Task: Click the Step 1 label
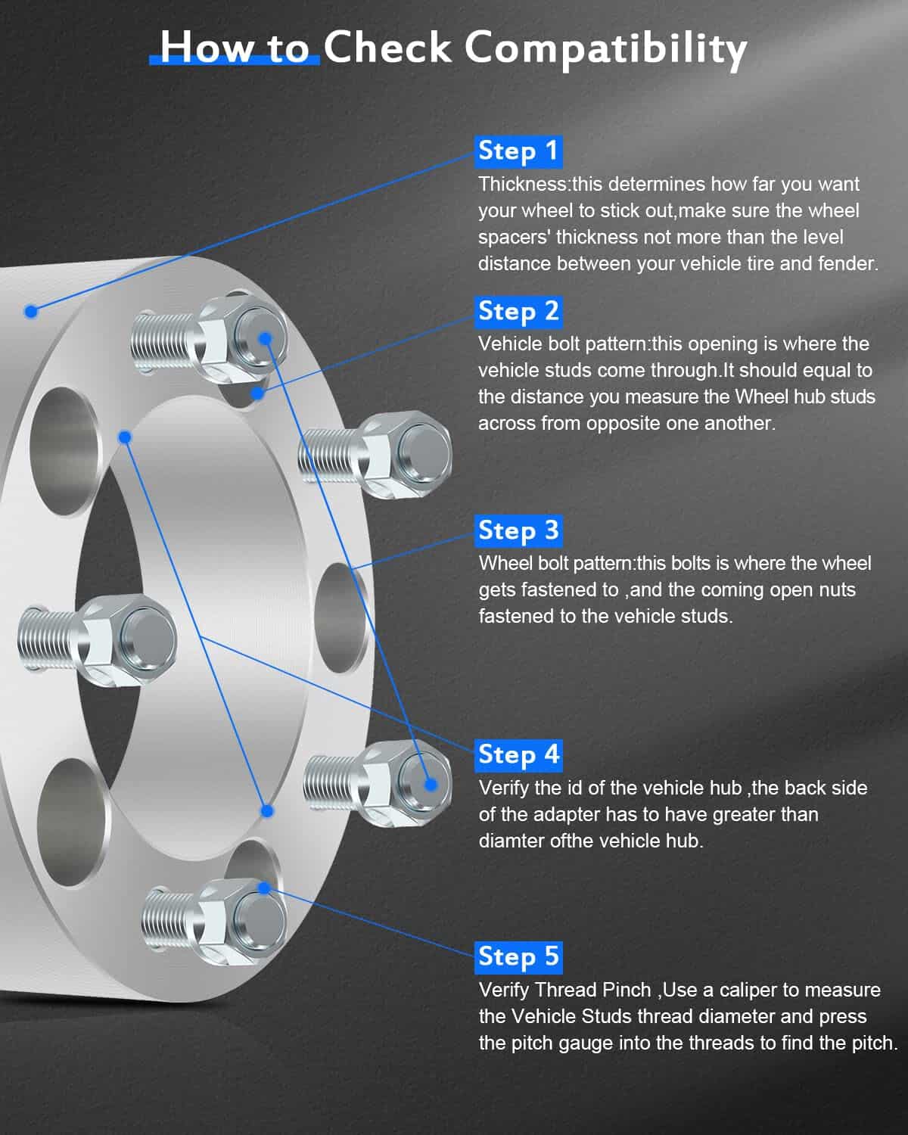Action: [x=518, y=152]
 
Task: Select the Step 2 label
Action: [x=518, y=313]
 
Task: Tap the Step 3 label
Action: [x=518, y=531]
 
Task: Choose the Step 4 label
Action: [x=518, y=755]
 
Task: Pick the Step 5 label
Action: [x=518, y=957]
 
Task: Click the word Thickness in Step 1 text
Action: [x=522, y=184]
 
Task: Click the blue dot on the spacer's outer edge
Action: [x=31, y=311]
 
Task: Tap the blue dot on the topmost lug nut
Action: [x=266, y=338]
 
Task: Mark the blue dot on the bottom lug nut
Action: [x=264, y=888]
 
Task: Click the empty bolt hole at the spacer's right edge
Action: [x=341, y=618]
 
